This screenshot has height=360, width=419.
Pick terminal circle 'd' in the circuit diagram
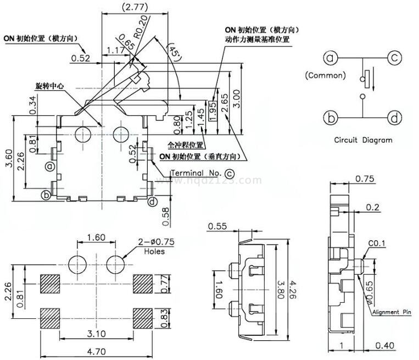pos(394,117)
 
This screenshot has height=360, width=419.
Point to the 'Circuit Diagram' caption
pos(363,140)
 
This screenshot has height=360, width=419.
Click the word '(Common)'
pos(326,75)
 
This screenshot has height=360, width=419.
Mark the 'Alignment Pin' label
pos(392,312)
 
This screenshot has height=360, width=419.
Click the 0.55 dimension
pos(218,226)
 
